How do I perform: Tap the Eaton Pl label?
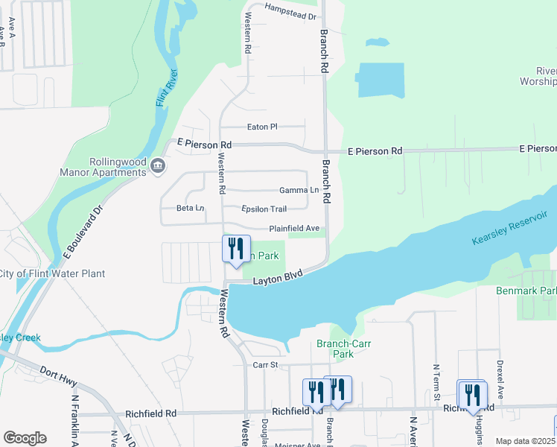click(x=262, y=127)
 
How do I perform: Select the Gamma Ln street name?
click(x=299, y=190)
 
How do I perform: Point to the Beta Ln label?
click(x=190, y=208)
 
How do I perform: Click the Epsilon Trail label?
click(x=264, y=209)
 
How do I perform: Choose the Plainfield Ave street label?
click(x=293, y=229)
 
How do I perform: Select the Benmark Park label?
click(x=526, y=290)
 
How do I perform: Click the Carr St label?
click(x=264, y=365)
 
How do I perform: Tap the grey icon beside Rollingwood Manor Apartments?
click(x=157, y=166)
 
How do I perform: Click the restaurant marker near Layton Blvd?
click(x=236, y=250)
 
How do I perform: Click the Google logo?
click(x=25, y=437)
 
